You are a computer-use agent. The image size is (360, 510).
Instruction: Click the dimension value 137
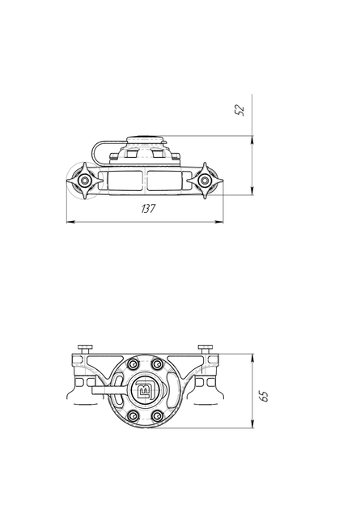tap(149, 209)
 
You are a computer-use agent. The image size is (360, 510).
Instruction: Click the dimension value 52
tap(239, 110)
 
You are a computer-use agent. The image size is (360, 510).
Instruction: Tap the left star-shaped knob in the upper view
tap(85, 181)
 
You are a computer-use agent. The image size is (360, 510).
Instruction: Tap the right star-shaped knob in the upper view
tap(205, 181)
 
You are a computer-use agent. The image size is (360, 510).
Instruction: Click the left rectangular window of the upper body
tap(125, 181)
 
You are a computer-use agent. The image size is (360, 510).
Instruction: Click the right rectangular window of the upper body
tap(164, 181)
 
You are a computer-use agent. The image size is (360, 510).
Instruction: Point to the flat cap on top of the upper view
tap(146, 139)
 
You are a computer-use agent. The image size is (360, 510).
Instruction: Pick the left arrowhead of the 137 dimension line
tap(70, 222)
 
